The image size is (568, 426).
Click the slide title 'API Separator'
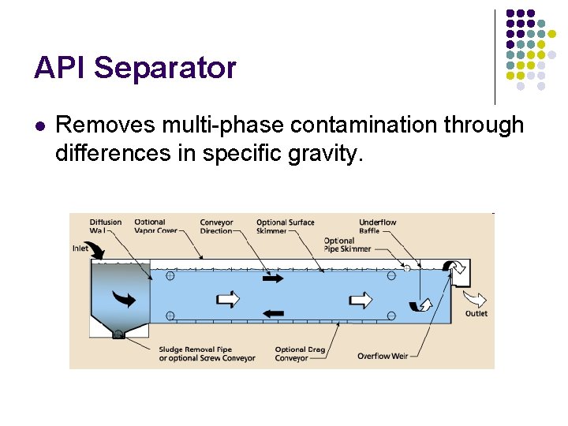(135, 68)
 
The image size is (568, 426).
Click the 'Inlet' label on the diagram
(80, 248)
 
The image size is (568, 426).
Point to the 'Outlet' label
(476, 313)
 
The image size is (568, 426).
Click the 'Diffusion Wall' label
(105, 226)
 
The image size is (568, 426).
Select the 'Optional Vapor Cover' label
(155, 226)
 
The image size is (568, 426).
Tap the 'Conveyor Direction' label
(216, 226)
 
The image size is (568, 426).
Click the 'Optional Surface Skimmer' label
(285, 226)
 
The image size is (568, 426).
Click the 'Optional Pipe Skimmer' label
(347, 245)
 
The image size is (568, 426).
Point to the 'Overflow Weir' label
(382, 356)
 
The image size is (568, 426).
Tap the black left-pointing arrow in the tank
(272, 313)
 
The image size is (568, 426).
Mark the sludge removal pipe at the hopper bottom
(118, 334)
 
